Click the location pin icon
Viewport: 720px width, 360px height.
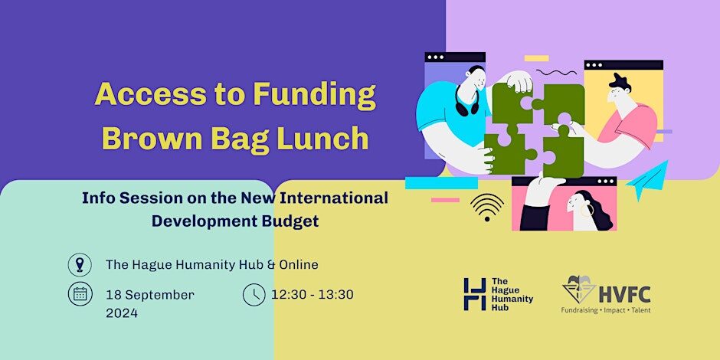click(x=80, y=265)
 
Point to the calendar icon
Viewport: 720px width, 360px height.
click(x=80, y=294)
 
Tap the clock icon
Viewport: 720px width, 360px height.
click(x=254, y=294)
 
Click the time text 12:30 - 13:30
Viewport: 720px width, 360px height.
click(x=313, y=295)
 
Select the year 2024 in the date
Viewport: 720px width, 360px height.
click(x=122, y=313)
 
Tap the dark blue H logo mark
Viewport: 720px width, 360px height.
click(x=475, y=294)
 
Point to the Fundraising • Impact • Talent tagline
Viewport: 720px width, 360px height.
click(x=606, y=310)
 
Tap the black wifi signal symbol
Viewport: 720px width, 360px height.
click(x=486, y=207)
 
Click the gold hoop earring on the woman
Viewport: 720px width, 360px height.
click(x=587, y=211)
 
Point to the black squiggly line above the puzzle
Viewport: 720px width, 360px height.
click(x=556, y=73)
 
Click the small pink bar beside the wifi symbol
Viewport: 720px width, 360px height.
click(x=445, y=200)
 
